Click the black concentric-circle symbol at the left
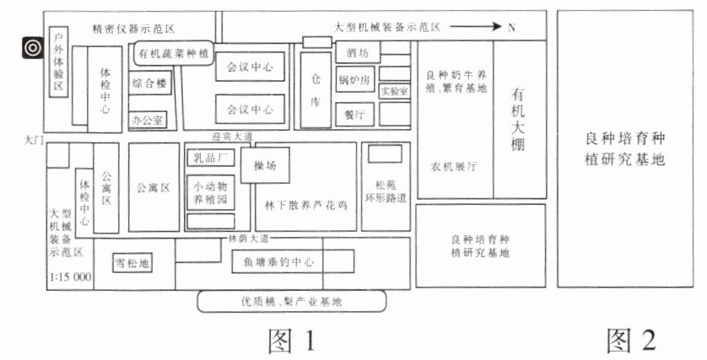[32, 47]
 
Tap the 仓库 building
[316, 90]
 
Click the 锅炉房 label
[353, 81]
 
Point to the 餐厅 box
[354, 113]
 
